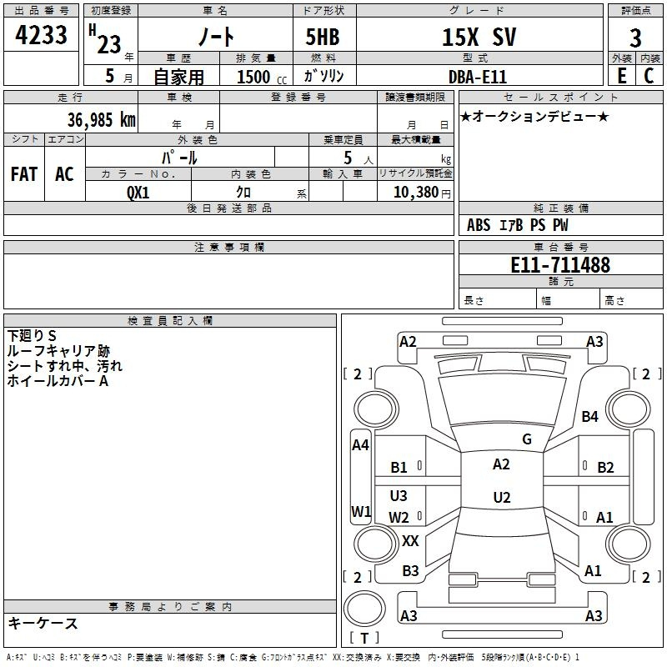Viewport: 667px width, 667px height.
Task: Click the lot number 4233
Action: pyautogui.click(x=41, y=37)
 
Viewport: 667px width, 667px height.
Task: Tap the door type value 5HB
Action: pyautogui.click(x=323, y=38)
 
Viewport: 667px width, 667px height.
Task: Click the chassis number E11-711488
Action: pyautogui.click(x=559, y=266)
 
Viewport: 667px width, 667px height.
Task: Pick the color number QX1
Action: pyautogui.click(x=138, y=192)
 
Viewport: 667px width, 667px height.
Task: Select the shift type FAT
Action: pyautogui.click(x=24, y=174)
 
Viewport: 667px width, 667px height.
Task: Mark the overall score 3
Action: pyautogui.click(x=636, y=38)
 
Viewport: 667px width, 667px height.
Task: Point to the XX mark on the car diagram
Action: pyautogui.click(x=410, y=541)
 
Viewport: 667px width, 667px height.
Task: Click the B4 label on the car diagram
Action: pyautogui.click(x=590, y=416)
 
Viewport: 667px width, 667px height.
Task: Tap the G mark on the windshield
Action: pyautogui.click(x=527, y=439)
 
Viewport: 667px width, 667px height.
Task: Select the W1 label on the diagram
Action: pyautogui.click(x=361, y=510)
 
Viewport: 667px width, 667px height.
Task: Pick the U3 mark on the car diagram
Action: pyautogui.click(x=399, y=496)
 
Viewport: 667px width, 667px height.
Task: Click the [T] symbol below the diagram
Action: pyautogui.click(x=364, y=638)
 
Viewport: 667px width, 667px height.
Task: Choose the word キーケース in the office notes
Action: pyautogui.click(x=43, y=623)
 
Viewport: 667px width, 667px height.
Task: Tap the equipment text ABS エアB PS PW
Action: pyautogui.click(x=518, y=225)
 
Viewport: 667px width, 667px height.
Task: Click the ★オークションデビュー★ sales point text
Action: pyautogui.click(x=534, y=116)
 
